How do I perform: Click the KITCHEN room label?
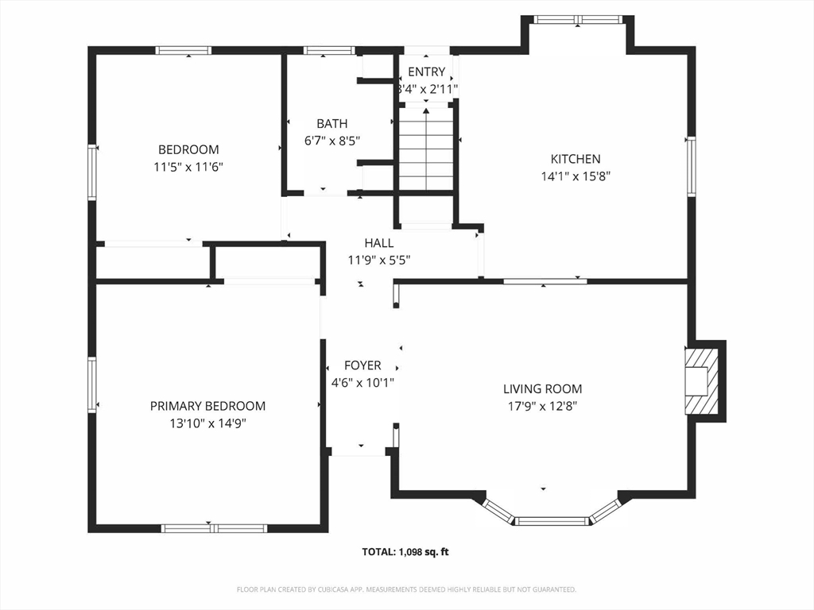tap(576, 159)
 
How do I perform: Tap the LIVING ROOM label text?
tap(542, 388)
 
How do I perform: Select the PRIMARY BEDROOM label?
tap(207, 406)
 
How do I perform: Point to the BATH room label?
tap(332, 123)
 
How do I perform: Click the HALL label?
tap(379, 243)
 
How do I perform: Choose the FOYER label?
tap(362, 365)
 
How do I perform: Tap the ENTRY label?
tap(427, 71)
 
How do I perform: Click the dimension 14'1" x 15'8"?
tap(576, 176)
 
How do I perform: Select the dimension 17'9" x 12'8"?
tap(542, 406)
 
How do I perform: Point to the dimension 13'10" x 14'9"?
tap(207, 424)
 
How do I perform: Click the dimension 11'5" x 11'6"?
tap(188, 167)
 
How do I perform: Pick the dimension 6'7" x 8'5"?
tap(332, 141)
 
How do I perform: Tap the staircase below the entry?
tap(426, 149)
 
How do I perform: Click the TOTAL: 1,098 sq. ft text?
tap(405, 552)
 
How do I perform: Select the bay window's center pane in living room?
tap(552, 521)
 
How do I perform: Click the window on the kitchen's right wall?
tap(691, 167)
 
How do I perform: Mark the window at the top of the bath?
tap(329, 50)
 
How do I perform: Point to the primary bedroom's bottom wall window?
tap(214, 528)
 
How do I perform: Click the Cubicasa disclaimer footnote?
tap(406, 590)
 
